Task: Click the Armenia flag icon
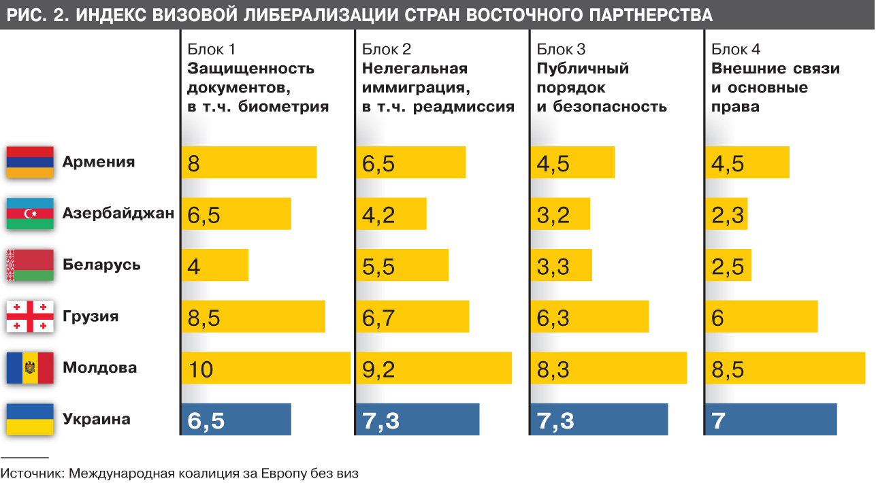(x=30, y=162)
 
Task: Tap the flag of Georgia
(x=30, y=316)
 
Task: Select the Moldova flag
(x=30, y=368)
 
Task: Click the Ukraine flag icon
(x=30, y=419)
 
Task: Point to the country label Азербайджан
(x=118, y=214)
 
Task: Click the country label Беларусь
(x=101, y=265)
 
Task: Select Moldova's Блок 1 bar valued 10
(x=266, y=368)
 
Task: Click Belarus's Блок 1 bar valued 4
(x=215, y=265)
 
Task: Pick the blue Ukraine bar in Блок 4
(x=771, y=419)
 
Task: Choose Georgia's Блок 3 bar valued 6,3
(x=589, y=316)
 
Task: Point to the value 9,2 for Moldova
(x=379, y=369)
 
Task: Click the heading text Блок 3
(x=561, y=49)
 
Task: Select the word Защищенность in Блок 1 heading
(x=250, y=69)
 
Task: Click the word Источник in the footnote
(x=31, y=473)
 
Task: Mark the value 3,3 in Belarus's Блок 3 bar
(x=553, y=267)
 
